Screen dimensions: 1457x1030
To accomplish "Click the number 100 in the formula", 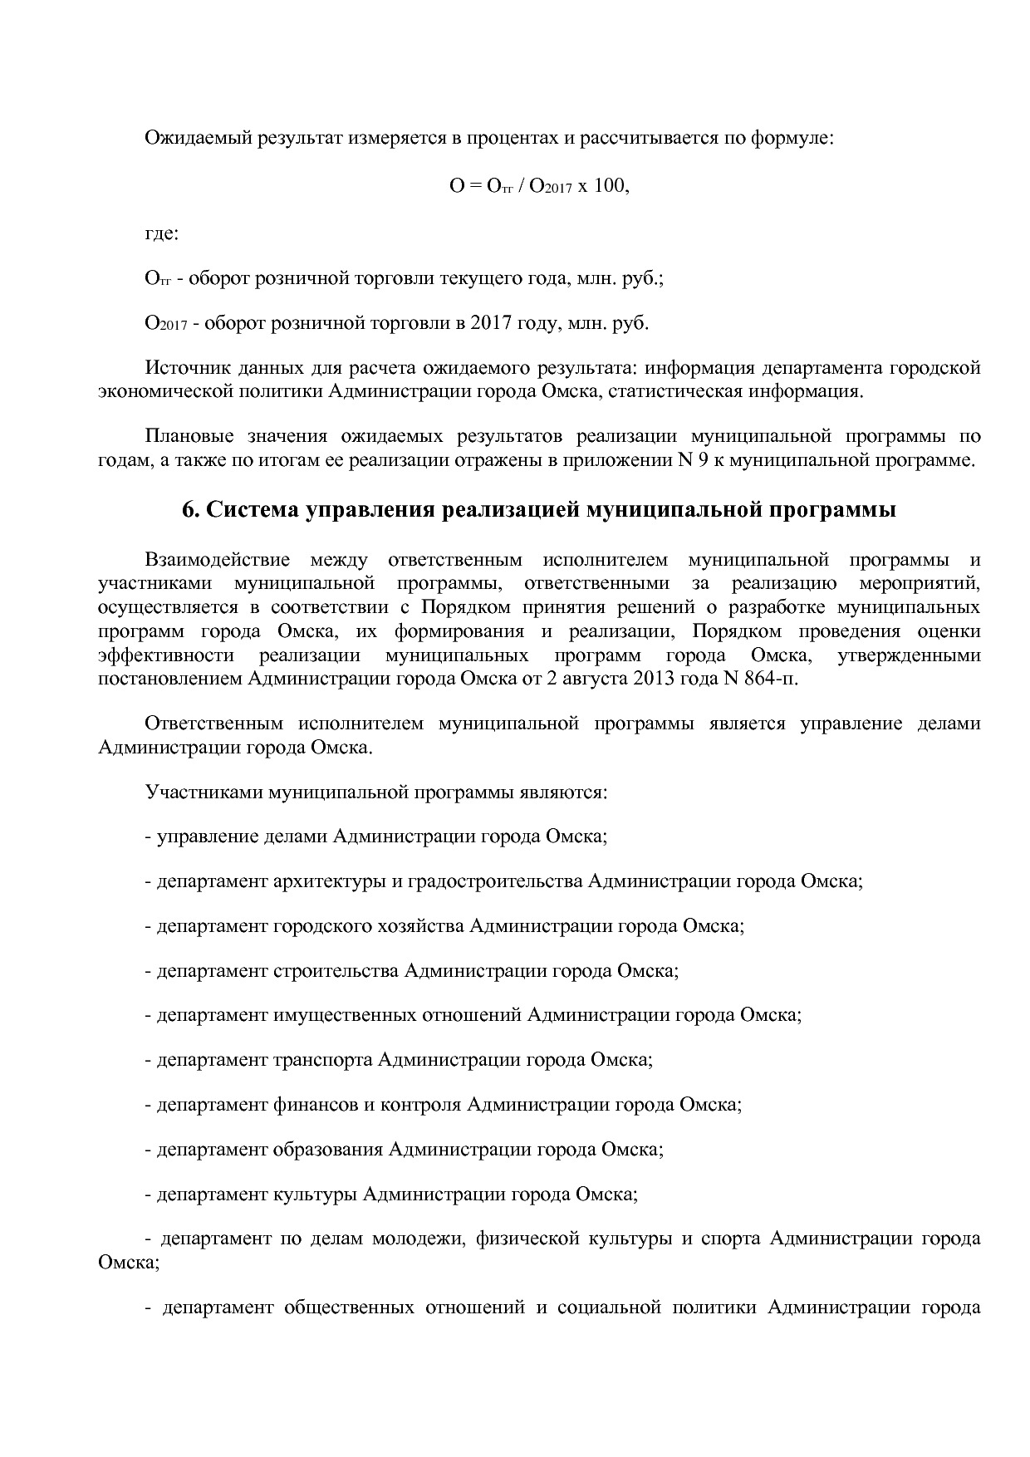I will pyautogui.click(x=611, y=186).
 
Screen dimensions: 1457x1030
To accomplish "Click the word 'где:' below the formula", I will pyautogui.click(x=162, y=233).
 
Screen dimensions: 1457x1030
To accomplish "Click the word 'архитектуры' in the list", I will pyautogui.click(x=330, y=881).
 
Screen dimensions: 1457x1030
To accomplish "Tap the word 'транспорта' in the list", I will pyautogui.click(x=323, y=1060).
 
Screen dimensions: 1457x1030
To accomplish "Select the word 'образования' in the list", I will pyautogui.click(x=328, y=1150).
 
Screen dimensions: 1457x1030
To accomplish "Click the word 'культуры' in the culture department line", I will pyautogui.click(x=316, y=1195).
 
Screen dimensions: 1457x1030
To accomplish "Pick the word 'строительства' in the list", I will pyautogui.click(x=336, y=970).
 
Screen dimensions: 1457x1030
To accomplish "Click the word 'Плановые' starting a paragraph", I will pyautogui.click(x=185, y=436).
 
